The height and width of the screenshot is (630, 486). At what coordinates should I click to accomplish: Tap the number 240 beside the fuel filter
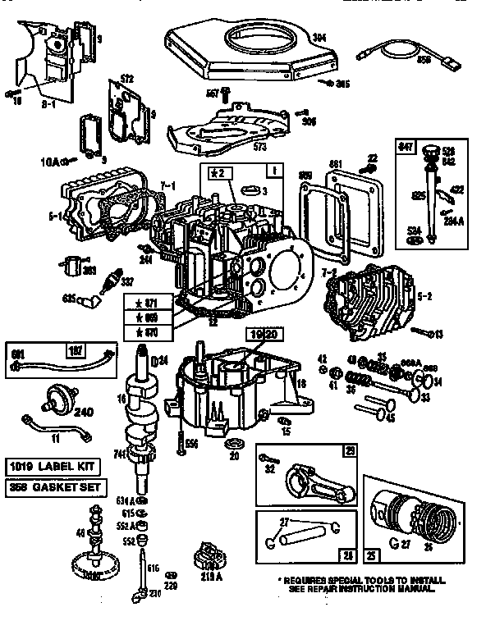[x=84, y=413]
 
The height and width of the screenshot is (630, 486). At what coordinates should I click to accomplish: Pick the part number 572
[x=126, y=80]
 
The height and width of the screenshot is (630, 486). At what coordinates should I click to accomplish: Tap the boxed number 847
[x=405, y=146]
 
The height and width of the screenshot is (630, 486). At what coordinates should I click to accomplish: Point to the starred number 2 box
[x=216, y=172]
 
